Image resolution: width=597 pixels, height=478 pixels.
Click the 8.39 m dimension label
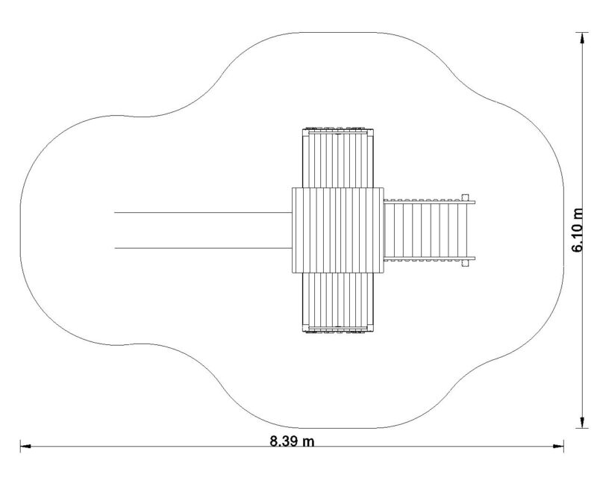(292, 441)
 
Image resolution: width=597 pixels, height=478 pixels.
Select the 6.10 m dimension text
(578, 230)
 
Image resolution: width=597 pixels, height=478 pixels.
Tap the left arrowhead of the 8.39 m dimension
(25, 446)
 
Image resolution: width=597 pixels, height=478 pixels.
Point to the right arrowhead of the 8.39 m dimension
(559, 446)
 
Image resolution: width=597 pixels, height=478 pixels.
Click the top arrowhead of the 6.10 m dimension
(582, 38)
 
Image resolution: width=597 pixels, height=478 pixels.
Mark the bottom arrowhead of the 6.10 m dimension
(582, 423)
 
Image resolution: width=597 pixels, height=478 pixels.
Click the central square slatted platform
(338, 230)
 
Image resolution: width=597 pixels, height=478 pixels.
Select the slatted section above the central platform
(338, 158)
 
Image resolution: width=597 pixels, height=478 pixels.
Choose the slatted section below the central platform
(338, 302)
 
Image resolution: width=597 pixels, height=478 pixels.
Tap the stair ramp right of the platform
(429, 230)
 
